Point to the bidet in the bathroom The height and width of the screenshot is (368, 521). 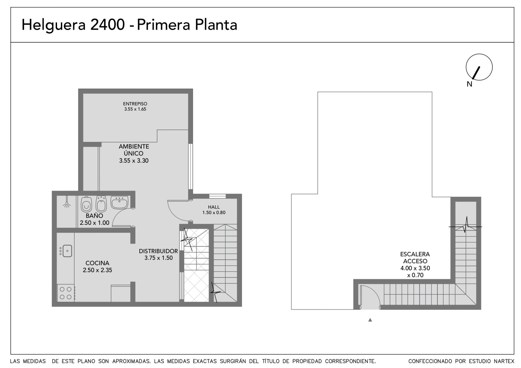(101, 204)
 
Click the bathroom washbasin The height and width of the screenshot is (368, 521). (119, 202)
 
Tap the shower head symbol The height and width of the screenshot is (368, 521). (67, 202)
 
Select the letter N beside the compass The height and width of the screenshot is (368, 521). (469, 84)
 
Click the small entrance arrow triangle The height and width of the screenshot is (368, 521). (370, 320)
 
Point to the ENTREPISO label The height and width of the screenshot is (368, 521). (135, 104)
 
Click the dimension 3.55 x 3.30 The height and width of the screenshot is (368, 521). (134, 161)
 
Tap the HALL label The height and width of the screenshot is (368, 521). (214, 207)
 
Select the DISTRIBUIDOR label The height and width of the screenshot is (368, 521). (158, 251)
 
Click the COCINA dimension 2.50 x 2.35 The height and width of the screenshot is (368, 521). (97, 270)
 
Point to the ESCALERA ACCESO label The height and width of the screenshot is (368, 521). (415, 258)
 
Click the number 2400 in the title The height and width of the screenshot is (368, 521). (108, 25)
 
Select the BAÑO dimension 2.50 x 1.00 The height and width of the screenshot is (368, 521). (94, 223)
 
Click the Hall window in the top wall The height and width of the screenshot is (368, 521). (218, 196)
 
